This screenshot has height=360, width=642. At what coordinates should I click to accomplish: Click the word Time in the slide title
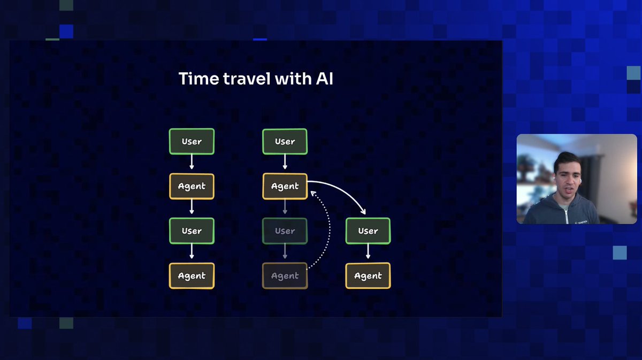click(x=198, y=79)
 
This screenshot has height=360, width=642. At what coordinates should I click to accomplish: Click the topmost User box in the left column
click(x=192, y=142)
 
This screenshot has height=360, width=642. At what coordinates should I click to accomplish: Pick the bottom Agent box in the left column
click(x=192, y=276)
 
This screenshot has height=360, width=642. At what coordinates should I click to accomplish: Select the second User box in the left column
click(x=192, y=231)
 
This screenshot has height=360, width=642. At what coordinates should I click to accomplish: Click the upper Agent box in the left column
click(x=192, y=187)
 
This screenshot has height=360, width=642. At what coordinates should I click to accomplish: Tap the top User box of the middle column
click(x=285, y=142)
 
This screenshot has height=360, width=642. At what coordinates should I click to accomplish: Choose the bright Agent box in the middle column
click(x=285, y=187)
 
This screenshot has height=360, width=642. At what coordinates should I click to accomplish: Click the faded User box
click(x=285, y=231)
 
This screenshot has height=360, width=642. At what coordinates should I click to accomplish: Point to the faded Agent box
click(x=285, y=276)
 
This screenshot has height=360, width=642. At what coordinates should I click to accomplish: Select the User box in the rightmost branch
click(x=368, y=231)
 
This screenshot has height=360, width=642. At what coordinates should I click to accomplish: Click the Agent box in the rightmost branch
click(x=368, y=276)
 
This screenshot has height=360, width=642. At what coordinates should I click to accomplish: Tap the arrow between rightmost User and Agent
click(x=368, y=253)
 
